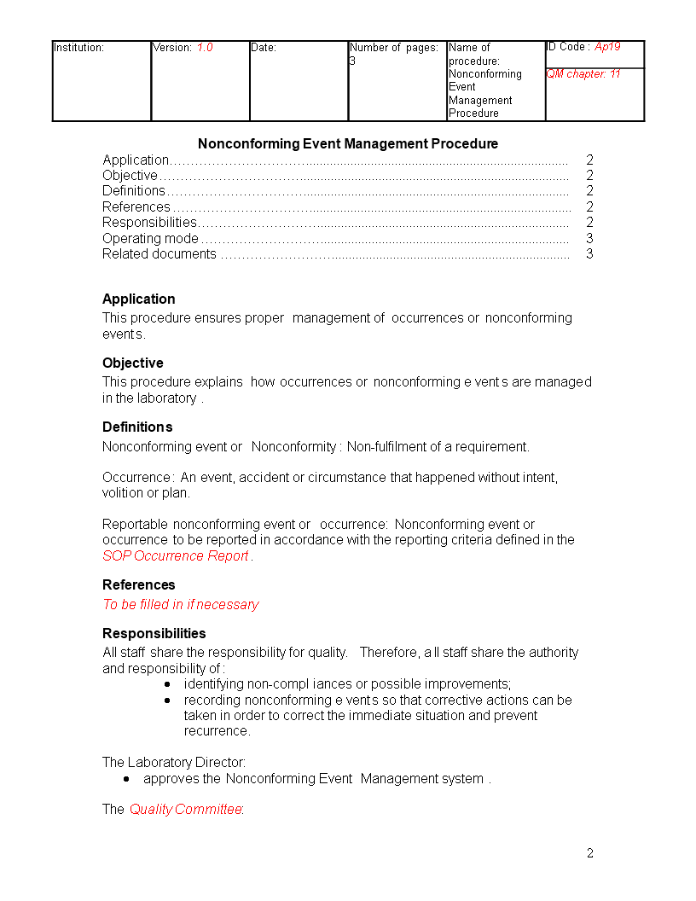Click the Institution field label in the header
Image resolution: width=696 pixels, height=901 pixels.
pyautogui.click(x=78, y=48)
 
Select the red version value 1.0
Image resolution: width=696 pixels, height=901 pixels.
pyautogui.click(x=205, y=48)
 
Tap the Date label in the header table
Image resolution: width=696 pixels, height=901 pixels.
pyautogui.click(x=264, y=48)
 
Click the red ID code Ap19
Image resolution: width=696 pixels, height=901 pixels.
pyautogui.click(x=607, y=47)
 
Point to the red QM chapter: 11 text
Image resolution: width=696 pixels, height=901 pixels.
pyautogui.click(x=583, y=74)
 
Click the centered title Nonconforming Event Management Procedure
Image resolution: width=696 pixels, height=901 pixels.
pyautogui.click(x=348, y=143)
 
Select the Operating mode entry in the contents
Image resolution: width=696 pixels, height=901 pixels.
pyautogui.click(x=150, y=238)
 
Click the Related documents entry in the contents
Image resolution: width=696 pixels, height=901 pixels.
pyautogui.click(x=159, y=253)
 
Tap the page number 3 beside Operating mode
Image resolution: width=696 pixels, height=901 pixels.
pyautogui.click(x=589, y=238)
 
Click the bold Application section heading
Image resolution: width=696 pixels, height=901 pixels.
pyautogui.click(x=139, y=299)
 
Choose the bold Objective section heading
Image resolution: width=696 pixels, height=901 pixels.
pyautogui.click(x=133, y=363)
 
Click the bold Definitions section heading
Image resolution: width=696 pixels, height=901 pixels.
pyautogui.click(x=137, y=427)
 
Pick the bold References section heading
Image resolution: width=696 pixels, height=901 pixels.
pyautogui.click(x=139, y=584)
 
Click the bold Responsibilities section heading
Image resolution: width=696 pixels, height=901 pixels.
pyautogui.click(x=154, y=633)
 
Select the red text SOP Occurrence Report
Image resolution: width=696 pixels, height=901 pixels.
pyautogui.click(x=176, y=555)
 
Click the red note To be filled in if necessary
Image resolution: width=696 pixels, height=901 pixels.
pyautogui.click(x=181, y=604)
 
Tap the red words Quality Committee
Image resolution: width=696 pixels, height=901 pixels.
pyautogui.click(x=186, y=809)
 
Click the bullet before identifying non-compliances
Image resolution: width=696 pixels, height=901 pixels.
pyautogui.click(x=167, y=684)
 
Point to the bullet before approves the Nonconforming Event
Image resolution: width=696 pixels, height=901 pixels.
pyautogui.click(x=127, y=779)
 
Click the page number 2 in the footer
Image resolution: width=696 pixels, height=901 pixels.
pyautogui.click(x=589, y=853)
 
